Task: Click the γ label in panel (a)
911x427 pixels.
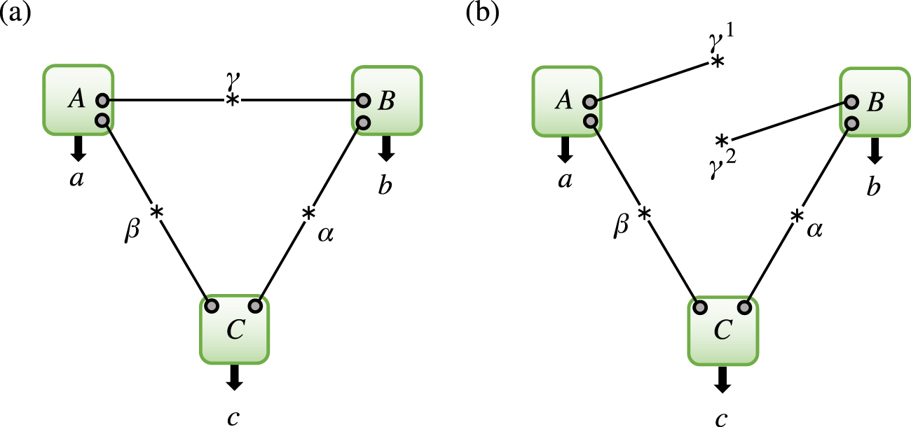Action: coord(232,83)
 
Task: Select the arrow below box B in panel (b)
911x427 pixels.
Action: coord(875,148)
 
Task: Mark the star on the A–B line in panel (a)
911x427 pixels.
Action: coord(232,101)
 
